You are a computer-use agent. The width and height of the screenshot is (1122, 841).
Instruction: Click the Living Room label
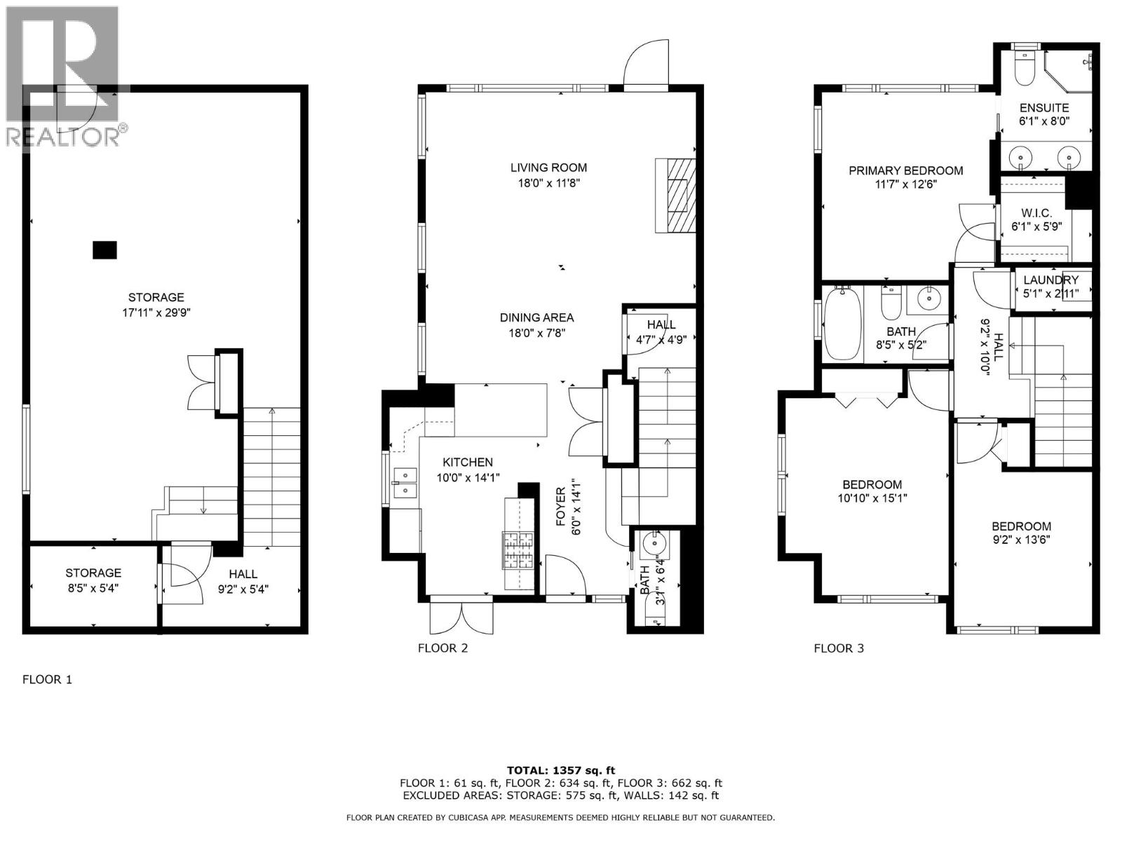coord(548,167)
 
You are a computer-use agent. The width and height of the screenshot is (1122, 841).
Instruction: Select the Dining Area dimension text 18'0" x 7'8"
coord(537,334)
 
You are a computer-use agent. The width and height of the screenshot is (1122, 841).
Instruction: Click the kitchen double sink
coord(405,484)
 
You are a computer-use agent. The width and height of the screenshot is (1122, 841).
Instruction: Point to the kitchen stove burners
coord(518,551)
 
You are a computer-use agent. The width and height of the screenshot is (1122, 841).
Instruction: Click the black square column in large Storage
coord(104,250)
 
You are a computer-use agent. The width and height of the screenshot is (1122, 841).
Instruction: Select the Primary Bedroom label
coord(905,170)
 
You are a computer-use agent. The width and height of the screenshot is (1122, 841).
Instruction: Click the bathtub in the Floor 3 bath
coord(839,324)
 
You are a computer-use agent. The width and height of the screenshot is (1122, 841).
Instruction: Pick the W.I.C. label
coord(1036,212)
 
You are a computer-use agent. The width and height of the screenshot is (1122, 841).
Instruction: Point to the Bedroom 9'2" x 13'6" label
coord(1021,526)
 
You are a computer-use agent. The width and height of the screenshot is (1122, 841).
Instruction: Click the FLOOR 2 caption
coord(442,648)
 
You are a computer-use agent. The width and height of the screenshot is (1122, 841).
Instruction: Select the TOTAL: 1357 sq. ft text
coord(561,770)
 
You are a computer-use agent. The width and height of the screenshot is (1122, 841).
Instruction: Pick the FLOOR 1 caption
coord(47,679)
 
